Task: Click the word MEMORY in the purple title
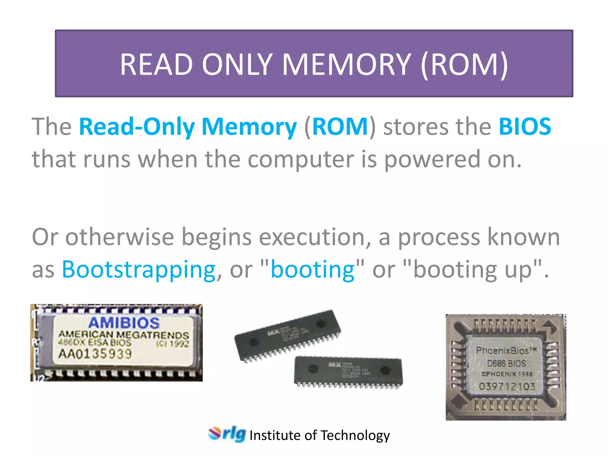(x=346, y=64)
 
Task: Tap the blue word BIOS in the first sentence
(x=525, y=127)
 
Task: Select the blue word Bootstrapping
(x=139, y=269)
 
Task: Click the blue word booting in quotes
(x=313, y=269)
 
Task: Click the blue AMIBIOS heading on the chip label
(x=124, y=323)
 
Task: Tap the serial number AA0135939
(x=95, y=354)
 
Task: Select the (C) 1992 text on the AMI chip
(x=173, y=344)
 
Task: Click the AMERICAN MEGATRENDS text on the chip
(x=123, y=335)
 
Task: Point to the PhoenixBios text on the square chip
(x=506, y=351)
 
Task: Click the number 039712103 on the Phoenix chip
(x=507, y=386)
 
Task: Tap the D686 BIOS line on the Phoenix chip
(x=506, y=363)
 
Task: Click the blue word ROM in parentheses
(x=340, y=127)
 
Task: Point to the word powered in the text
(x=432, y=159)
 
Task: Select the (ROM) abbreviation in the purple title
(x=464, y=64)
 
